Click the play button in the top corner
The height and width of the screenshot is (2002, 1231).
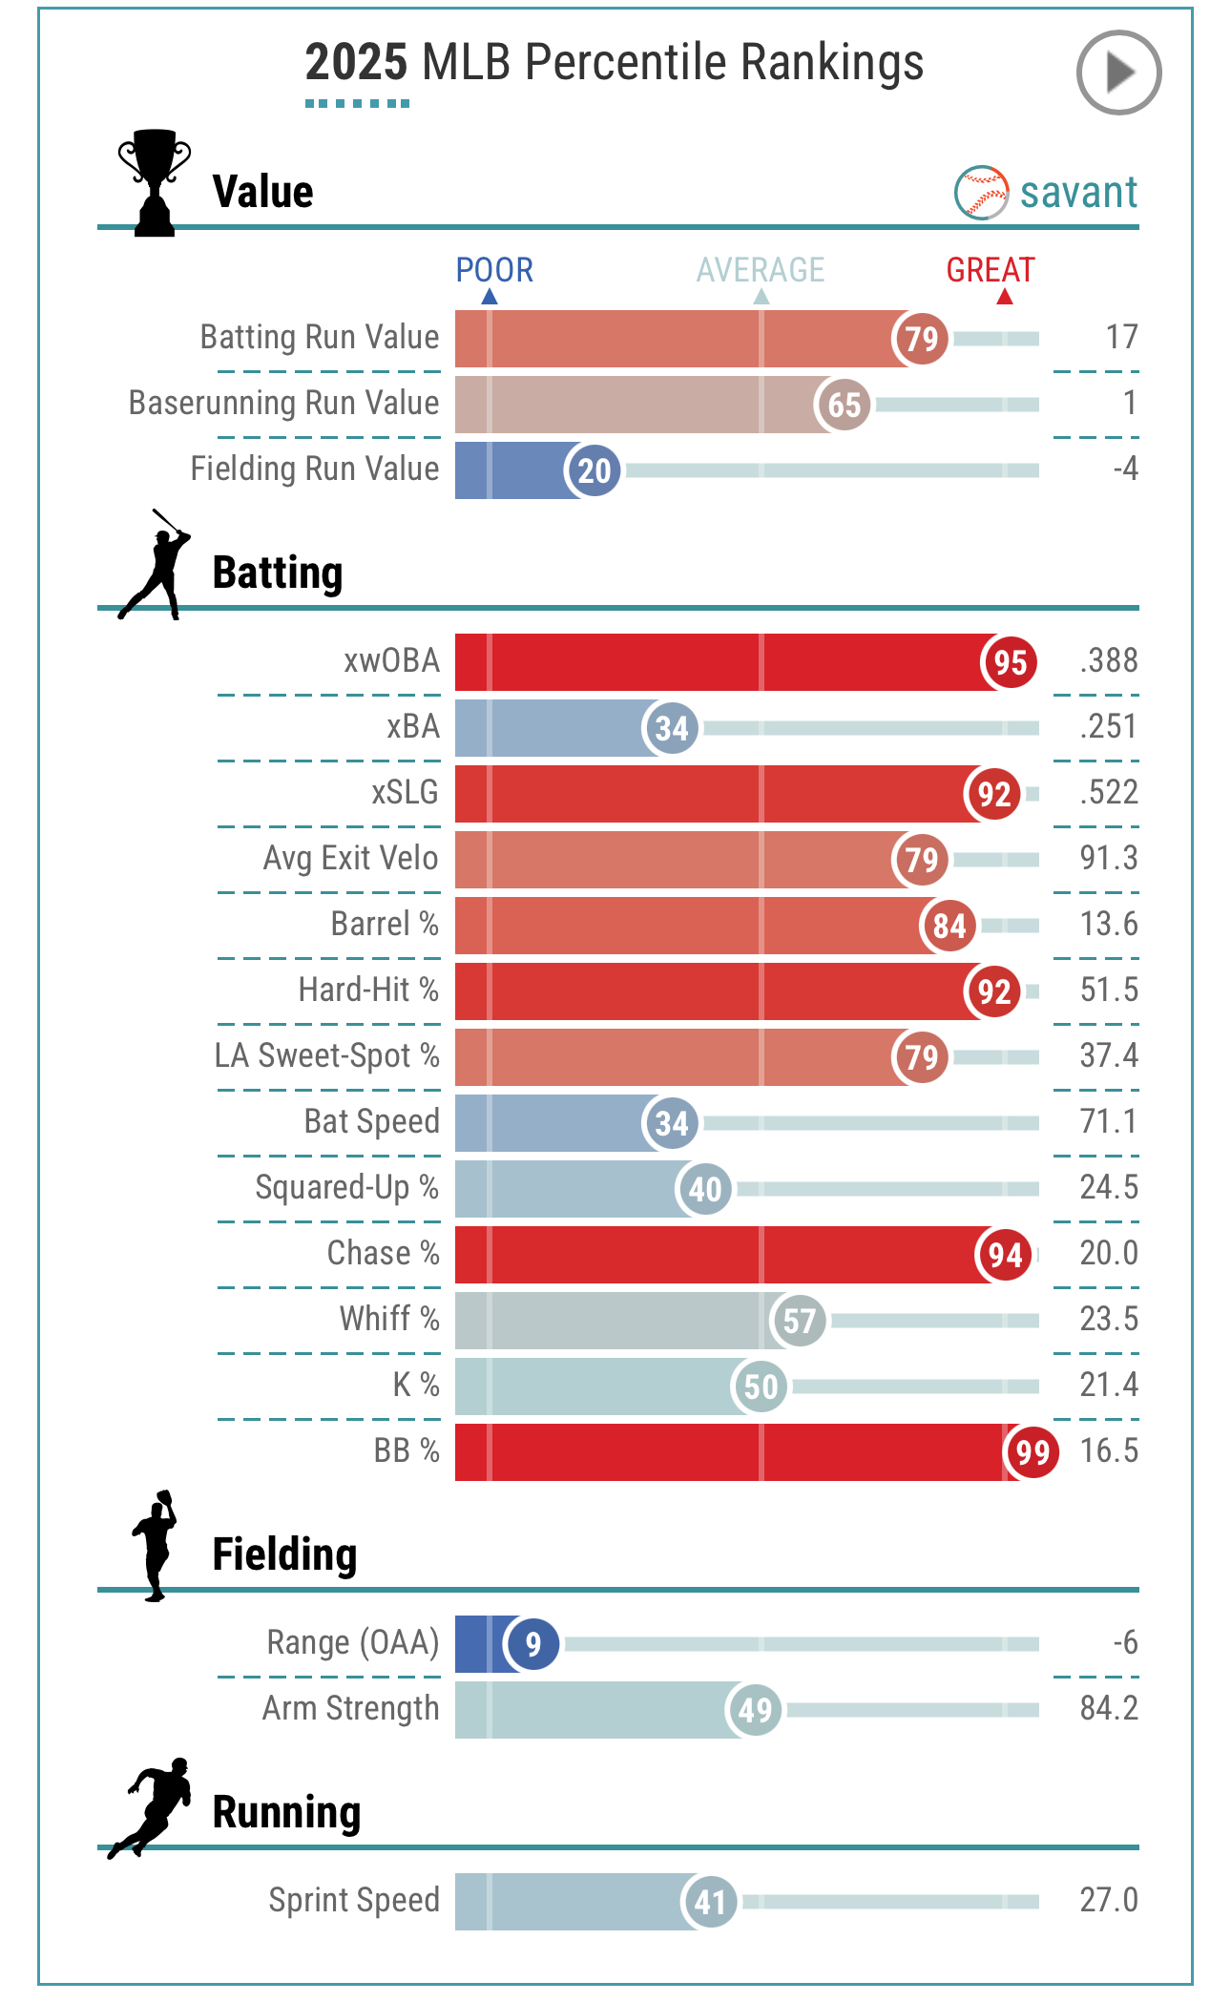pos(1118,73)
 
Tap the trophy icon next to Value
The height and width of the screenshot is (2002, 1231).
pos(154,182)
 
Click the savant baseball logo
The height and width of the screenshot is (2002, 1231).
pos(981,193)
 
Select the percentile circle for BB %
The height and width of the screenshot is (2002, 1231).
pos(1033,1452)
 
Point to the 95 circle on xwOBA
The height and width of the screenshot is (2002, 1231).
pos(1010,662)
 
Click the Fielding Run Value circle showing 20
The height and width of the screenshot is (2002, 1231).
pos(594,470)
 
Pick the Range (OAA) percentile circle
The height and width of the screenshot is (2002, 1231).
pos(532,1643)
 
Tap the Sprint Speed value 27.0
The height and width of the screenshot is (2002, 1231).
pos(1108,1900)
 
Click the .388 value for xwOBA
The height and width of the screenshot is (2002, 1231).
pos(1108,660)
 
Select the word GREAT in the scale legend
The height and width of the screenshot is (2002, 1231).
pos(990,270)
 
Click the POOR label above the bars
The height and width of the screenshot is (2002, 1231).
pos(493,270)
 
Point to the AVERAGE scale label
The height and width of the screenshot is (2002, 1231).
pos(760,270)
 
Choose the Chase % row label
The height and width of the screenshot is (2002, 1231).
pos(383,1253)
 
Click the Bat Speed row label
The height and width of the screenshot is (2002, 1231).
pos(371,1121)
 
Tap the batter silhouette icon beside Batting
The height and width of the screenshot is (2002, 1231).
pos(153,566)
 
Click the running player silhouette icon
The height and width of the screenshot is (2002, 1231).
pos(151,1806)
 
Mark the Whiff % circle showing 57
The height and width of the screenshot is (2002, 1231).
pos(799,1321)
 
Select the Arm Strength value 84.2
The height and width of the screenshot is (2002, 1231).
pos(1108,1708)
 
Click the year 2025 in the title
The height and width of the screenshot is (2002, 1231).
pos(356,63)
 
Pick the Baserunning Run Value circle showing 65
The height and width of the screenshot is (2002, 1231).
pos(844,405)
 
